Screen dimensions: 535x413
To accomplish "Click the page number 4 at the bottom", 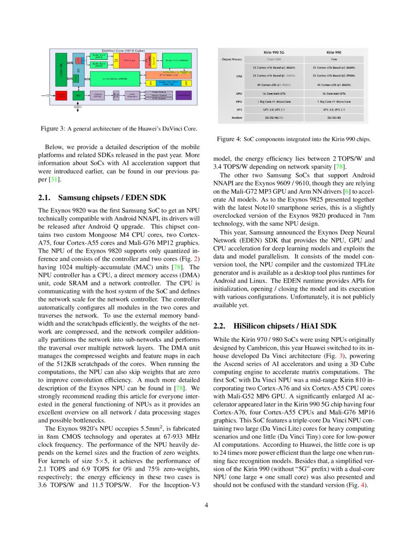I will pos(206,505).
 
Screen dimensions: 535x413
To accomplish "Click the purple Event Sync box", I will pos(184,95).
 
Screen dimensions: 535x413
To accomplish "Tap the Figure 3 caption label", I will pos(52,129).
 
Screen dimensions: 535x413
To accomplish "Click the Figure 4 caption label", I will pos(229,139).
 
